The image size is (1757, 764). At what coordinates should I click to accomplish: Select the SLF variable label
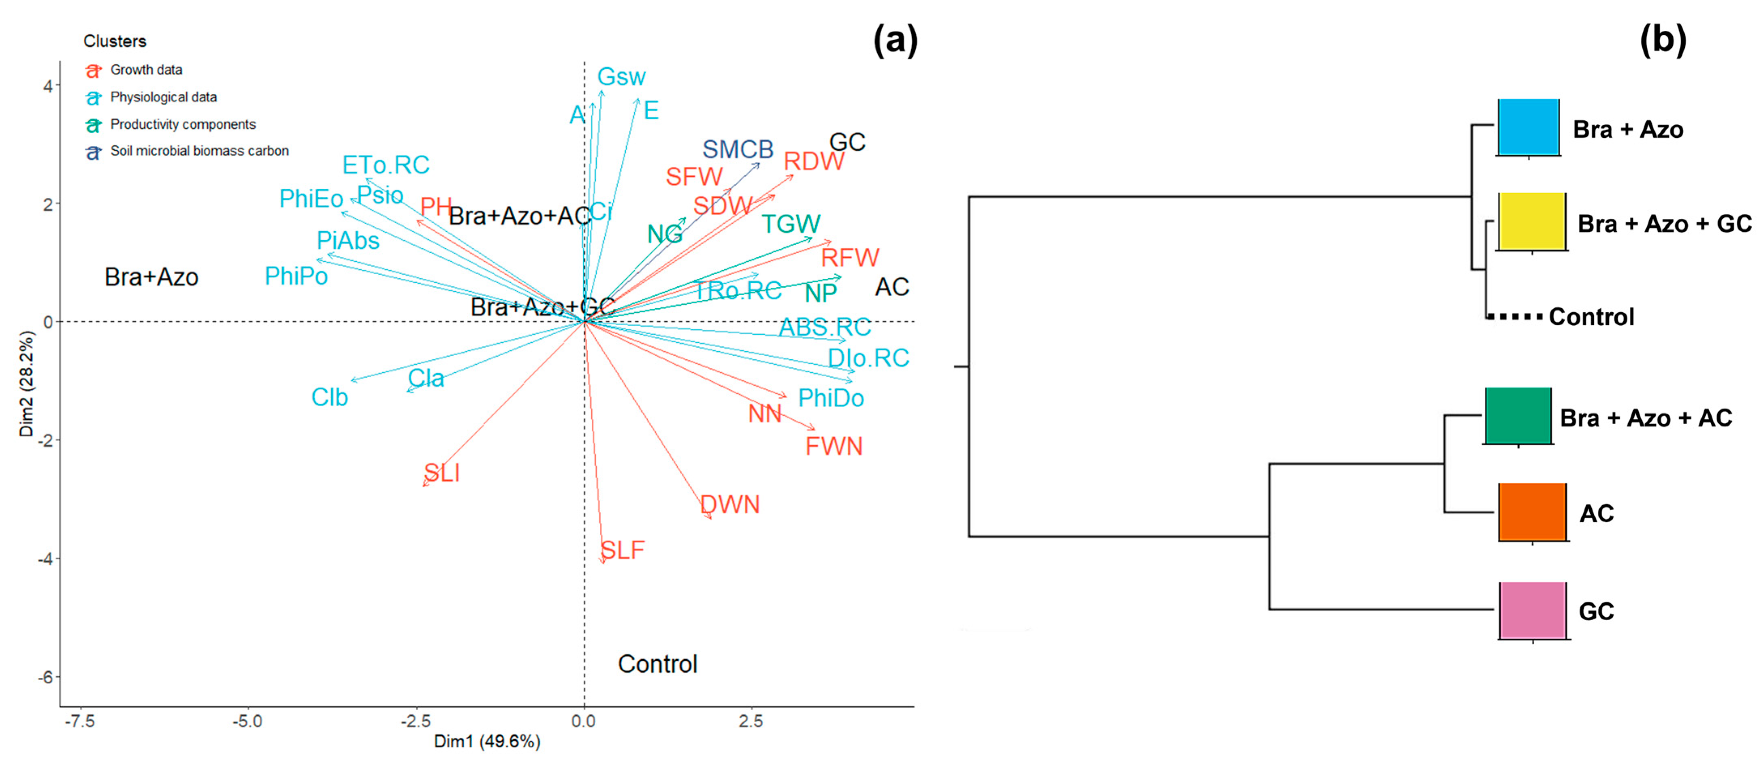[x=622, y=550]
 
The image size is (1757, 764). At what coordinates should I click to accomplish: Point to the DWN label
[x=730, y=505]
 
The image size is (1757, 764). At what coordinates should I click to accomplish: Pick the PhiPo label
[x=296, y=276]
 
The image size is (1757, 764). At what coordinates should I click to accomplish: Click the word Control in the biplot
[x=657, y=664]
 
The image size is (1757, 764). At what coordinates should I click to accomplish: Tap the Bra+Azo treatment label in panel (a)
[x=151, y=277]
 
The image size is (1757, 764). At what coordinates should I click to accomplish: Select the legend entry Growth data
[x=146, y=70]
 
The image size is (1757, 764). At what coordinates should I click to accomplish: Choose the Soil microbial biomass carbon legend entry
[x=199, y=151]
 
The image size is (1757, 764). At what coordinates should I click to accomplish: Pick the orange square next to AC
[x=1532, y=512]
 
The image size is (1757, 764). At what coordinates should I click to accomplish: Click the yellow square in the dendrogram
[x=1531, y=222]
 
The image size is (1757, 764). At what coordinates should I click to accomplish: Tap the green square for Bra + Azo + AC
[x=1518, y=416]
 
